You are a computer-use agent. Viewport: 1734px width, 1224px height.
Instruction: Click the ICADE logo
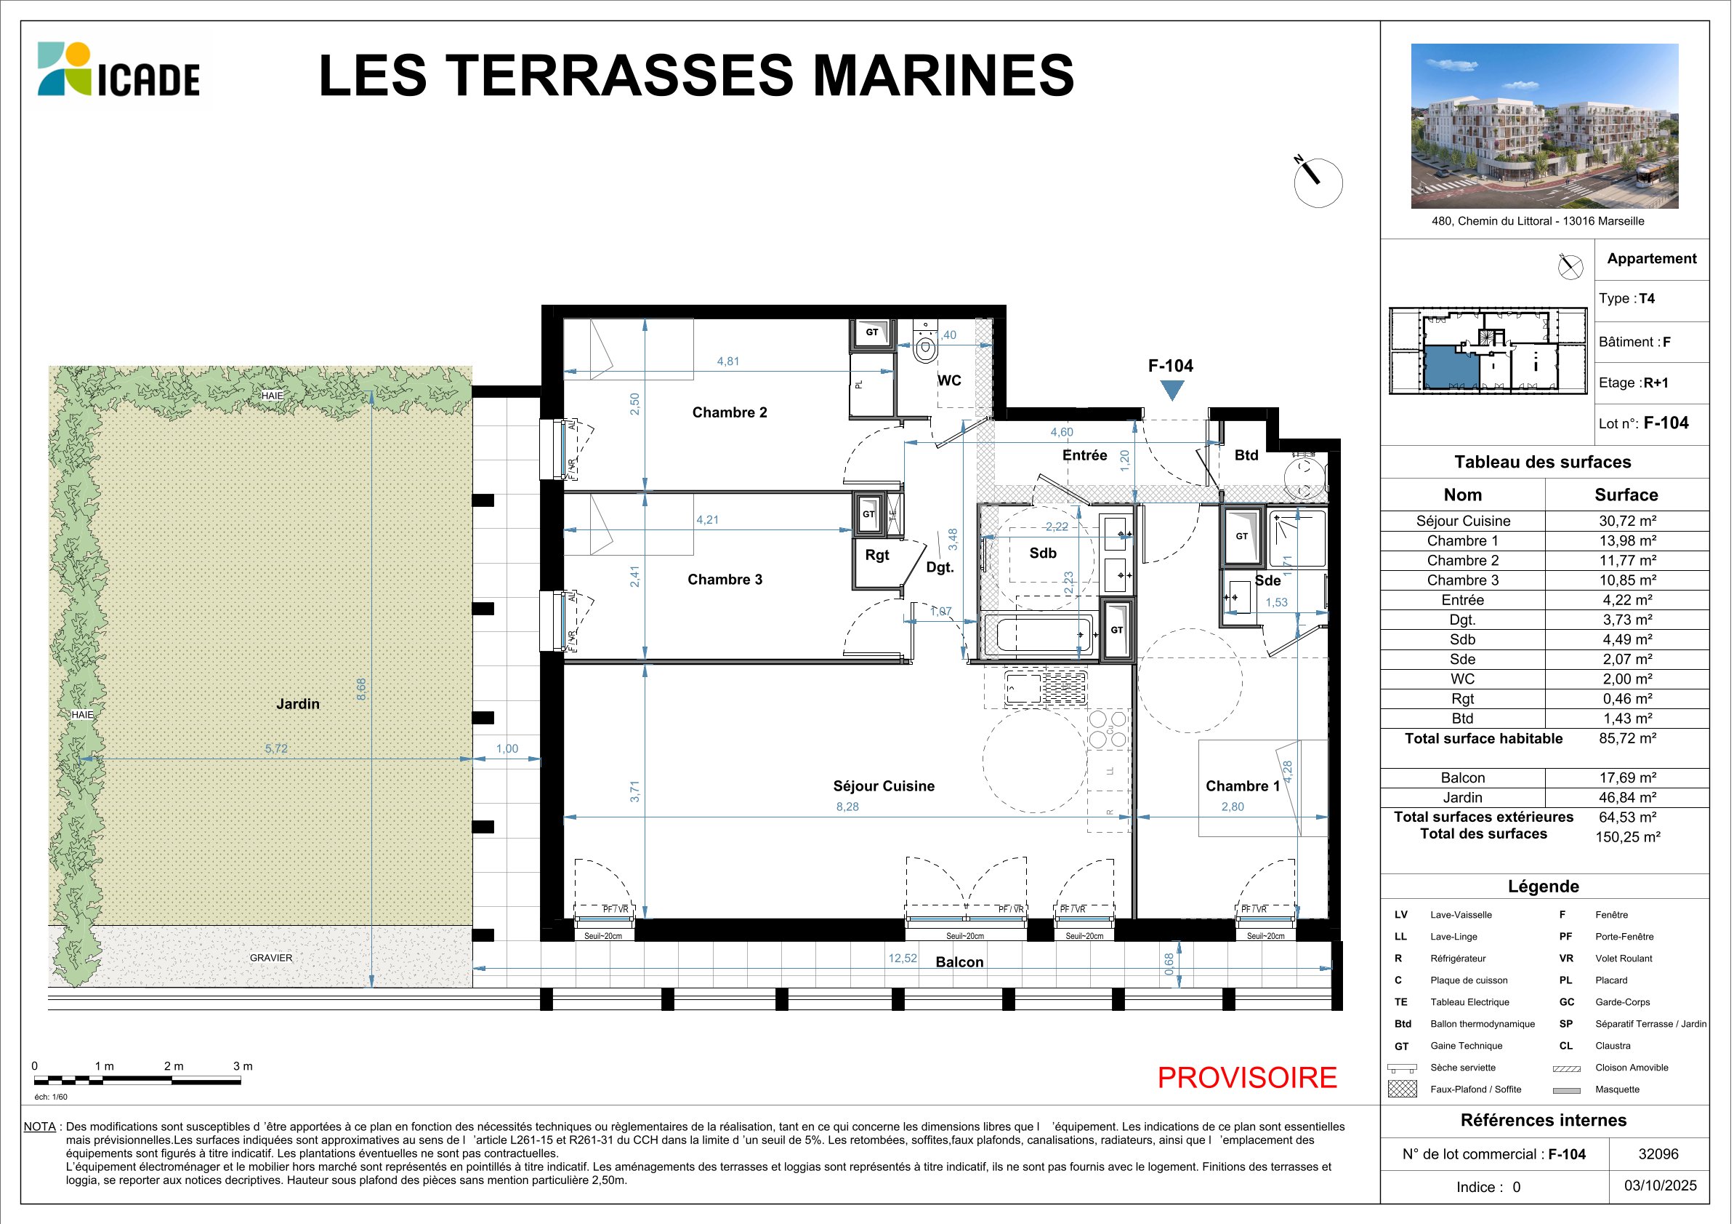[x=118, y=70]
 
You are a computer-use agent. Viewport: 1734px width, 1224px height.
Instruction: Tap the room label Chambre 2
[x=730, y=412]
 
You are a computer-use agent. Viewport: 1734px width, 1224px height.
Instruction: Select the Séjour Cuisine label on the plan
[x=884, y=785]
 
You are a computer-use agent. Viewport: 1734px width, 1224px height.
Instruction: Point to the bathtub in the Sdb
[x=1039, y=634]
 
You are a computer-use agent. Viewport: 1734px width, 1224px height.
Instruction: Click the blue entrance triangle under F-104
[x=1172, y=389]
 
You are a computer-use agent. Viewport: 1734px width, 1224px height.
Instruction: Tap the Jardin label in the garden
[x=297, y=704]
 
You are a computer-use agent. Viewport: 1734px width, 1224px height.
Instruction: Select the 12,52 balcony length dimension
[x=903, y=958]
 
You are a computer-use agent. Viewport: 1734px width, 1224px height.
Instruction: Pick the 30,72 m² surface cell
[x=1627, y=521]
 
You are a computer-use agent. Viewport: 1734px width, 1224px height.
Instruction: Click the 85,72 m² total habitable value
[x=1627, y=738]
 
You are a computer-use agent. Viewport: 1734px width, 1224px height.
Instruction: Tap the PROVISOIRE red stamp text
[x=1247, y=1077]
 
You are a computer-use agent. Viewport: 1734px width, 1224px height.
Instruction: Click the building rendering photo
[x=1544, y=126]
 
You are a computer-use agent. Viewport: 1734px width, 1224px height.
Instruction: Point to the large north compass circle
[x=1318, y=183]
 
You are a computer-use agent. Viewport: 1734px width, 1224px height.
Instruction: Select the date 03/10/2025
[x=1660, y=1185]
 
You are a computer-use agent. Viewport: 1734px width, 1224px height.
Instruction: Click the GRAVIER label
[x=271, y=958]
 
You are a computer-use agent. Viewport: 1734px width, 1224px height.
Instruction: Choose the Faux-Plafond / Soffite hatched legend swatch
[x=1403, y=1089]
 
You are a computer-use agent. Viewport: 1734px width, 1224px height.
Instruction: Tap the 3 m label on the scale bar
[x=243, y=1066]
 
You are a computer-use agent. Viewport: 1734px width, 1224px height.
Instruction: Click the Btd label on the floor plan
[x=1246, y=455]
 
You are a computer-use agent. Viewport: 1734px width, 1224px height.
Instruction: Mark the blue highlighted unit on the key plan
[x=1451, y=368]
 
